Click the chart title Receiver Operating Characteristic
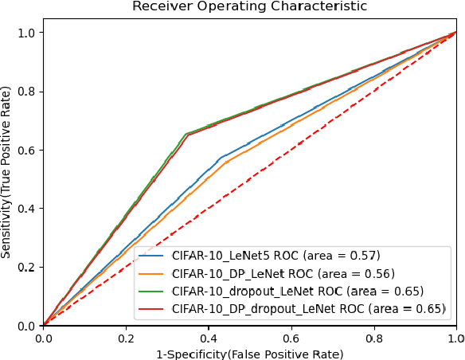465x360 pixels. pos(249,6)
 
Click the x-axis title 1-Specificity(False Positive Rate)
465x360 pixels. pos(249,353)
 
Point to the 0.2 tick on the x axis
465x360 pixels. pos(126,338)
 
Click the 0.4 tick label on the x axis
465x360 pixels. pos(209,338)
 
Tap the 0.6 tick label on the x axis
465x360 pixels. pos(291,338)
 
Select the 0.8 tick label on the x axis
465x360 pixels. pos(374,338)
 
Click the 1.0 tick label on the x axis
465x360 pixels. pos(455,338)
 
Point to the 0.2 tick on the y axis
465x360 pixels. pos(27,267)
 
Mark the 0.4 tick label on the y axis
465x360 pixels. pos(27,209)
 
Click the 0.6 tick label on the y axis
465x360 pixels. pos(27,150)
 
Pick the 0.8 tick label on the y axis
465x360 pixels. pos(27,92)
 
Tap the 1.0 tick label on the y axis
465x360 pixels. pos(27,33)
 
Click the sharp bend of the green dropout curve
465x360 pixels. pos(186,134)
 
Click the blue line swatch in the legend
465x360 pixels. pos(154,256)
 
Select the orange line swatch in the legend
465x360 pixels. pos(154,273)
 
